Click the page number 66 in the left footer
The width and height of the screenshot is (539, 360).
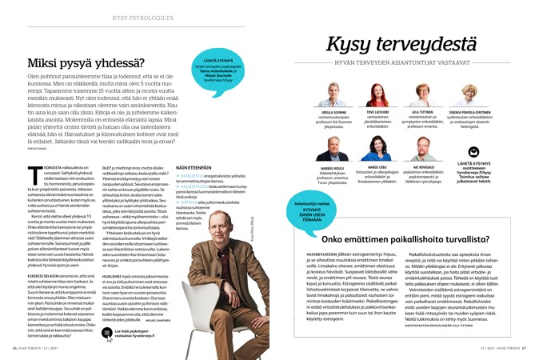15,347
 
